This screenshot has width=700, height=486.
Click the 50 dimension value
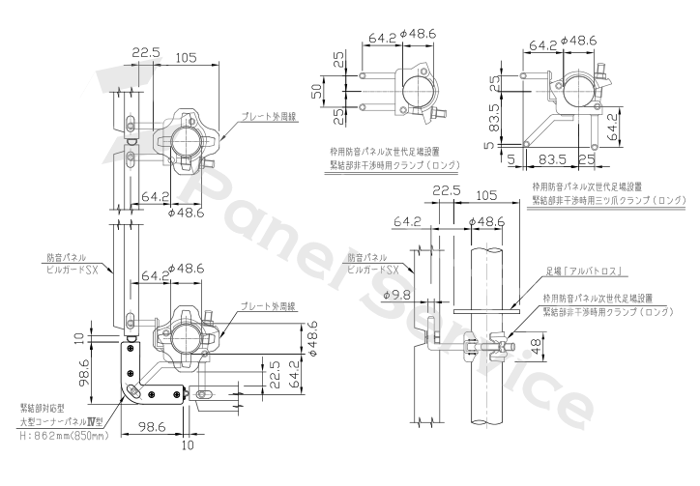(x=316, y=91)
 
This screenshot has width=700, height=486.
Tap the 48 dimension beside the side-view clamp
(x=537, y=344)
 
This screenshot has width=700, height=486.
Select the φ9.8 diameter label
(x=396, y=295)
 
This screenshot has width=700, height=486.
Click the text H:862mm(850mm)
(x=64, y=435)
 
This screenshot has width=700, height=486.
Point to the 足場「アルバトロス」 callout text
(x=584, y=271)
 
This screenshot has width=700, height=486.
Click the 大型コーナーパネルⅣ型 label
(x=61, y=421)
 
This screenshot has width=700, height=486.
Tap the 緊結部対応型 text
(x=43, y=408)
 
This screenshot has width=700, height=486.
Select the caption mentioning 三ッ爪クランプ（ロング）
(x=608, y=200)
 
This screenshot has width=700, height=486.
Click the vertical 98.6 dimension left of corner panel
(x=84, y=373)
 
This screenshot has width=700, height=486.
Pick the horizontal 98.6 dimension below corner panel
(x=152, y=427)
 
